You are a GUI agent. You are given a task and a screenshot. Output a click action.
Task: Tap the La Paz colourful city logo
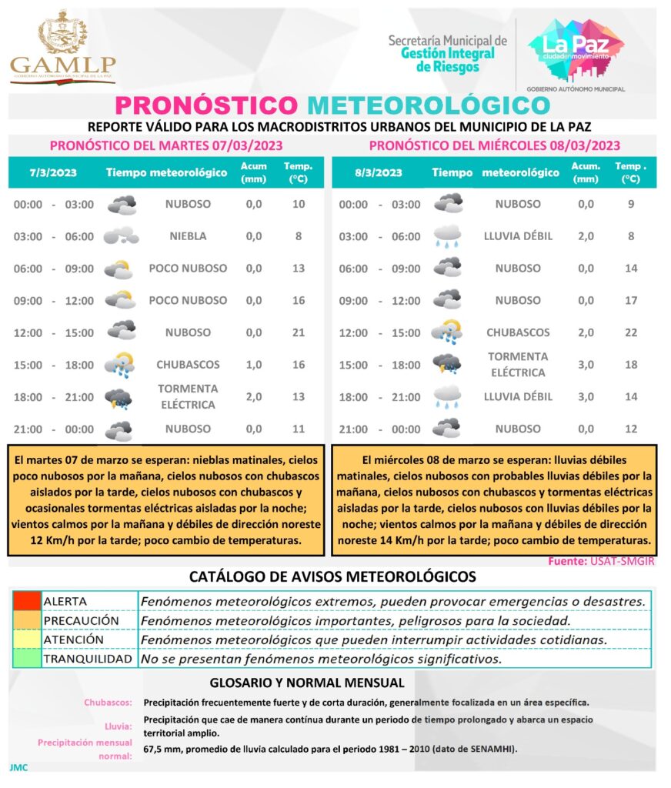coord(576,49)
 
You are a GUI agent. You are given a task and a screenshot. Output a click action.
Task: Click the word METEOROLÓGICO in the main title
coord(429,105)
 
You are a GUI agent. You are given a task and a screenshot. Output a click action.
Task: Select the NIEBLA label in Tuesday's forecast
coord(188,236)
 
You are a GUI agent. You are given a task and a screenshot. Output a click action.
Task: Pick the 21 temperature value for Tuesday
coord(299,332)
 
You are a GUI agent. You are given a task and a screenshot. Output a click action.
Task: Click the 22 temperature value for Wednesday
coord(630,332)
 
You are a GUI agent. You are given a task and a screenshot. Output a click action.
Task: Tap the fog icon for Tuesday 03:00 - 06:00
coord(121,236)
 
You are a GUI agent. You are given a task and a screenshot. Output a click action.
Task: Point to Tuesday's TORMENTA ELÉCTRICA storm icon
coord(119,398)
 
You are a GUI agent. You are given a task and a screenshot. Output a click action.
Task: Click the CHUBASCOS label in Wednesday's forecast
coord(518,332)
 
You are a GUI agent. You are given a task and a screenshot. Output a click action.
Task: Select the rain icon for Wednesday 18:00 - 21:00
coord(447,397)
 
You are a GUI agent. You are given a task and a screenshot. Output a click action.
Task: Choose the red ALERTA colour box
coord(26,601)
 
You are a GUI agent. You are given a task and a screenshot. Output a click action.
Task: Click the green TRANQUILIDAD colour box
coord(26,659)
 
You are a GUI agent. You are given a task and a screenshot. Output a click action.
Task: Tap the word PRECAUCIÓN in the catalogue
coord(82,620)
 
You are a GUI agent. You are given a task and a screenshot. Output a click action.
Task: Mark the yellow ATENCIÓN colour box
coord(26,639)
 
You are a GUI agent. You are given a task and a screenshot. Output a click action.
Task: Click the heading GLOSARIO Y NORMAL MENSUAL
coord(307,683)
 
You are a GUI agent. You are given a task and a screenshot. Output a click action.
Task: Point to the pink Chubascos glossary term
coord(108,703)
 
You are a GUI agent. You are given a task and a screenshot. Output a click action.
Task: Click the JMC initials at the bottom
coord(17,767)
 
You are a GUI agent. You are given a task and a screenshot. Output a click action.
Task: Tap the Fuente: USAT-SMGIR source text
coord(601,561)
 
